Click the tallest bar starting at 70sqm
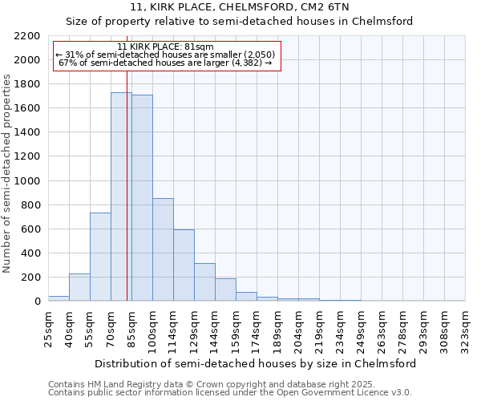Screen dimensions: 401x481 121,196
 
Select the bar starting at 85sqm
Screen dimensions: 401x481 142,198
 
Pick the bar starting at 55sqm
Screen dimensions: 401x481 100,257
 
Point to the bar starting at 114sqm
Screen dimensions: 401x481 184,265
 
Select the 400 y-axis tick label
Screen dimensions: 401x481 32,253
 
